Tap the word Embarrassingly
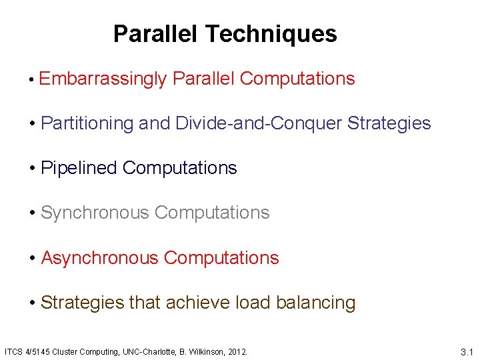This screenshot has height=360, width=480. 103,79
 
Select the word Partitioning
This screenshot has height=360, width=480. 87,123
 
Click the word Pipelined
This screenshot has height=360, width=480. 79,168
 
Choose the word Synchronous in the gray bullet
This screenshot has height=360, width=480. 95,213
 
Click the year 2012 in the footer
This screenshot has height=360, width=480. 238,351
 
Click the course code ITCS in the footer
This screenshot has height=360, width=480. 13,351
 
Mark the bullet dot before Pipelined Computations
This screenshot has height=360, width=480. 33,169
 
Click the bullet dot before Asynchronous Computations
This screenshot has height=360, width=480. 33,258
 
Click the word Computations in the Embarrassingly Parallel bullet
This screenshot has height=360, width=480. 297,79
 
